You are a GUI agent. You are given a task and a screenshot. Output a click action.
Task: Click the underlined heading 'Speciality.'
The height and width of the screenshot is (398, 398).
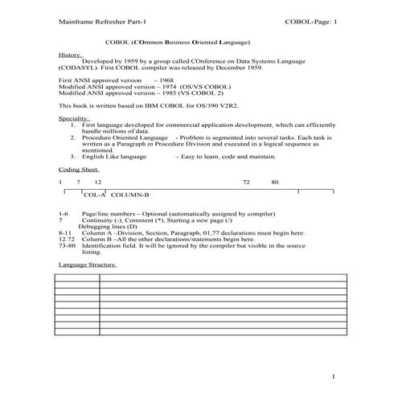(x=75, y=119)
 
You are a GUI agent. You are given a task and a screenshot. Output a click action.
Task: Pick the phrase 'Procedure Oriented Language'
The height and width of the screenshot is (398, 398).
(x=119, y=137)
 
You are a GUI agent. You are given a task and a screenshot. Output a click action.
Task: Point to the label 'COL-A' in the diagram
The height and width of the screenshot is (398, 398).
(x=95, y=195)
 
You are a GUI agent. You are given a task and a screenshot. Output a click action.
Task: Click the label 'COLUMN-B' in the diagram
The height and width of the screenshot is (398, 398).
(x=129, y=195)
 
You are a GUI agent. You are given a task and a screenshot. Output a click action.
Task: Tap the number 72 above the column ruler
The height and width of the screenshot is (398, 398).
(x=247, y=183)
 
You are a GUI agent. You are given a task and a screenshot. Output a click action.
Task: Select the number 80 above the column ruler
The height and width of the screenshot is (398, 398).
(x=275, y=183)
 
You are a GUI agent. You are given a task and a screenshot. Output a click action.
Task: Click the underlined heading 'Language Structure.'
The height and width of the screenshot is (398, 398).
(x=88, y=264)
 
